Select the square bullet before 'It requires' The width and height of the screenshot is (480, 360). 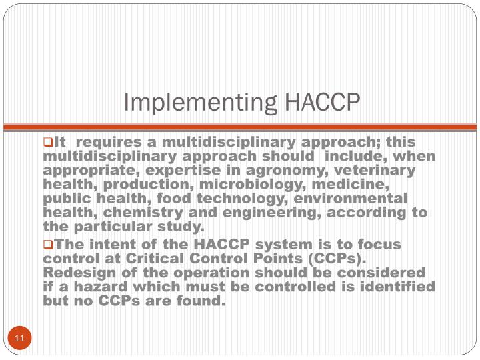(x=47, y=142)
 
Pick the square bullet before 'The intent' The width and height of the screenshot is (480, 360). (x=47, y=245)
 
